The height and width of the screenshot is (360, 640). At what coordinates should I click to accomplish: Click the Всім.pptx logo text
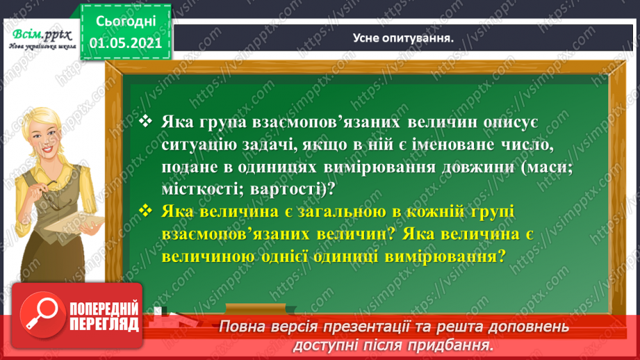(x=40, y=34)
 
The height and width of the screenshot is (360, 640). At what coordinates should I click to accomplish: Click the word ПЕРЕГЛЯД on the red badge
(x=101, y=326)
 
